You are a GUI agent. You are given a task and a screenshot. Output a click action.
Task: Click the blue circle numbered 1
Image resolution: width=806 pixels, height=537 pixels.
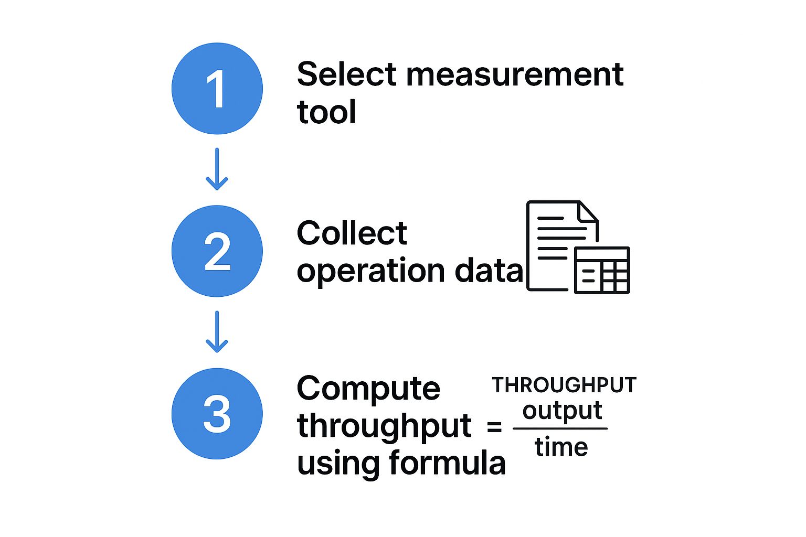(217, 89)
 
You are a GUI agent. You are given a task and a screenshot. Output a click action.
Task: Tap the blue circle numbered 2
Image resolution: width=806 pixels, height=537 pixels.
(217, 251)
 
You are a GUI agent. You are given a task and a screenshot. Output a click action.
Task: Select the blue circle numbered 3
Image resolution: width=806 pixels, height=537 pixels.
(217, 414)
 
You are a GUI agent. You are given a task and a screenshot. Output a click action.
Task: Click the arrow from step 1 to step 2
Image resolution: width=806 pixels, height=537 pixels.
(217, 169)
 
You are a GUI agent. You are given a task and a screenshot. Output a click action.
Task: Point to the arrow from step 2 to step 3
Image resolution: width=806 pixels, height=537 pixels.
(217, 331)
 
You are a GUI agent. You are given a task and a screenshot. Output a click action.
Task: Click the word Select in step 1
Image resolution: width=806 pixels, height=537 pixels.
(346, 74)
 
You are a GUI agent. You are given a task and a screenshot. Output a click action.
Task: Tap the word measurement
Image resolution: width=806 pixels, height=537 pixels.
(515, 75)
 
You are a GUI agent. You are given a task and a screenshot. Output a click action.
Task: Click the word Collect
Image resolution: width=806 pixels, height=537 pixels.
(352, 233)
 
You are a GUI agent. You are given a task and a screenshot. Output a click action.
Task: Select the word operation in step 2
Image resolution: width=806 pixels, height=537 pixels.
(370, 272)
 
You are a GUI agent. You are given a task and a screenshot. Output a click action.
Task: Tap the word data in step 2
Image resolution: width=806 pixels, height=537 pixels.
(489, 269)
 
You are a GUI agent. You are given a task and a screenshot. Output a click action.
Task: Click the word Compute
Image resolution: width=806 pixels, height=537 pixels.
(368, 390)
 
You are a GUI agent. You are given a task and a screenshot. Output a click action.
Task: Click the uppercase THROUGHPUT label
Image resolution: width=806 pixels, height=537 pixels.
(564, 385)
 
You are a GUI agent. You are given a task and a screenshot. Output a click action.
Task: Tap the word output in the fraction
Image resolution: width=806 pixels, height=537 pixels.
(562, 412)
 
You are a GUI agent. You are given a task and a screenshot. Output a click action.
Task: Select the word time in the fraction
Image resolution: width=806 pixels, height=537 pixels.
(561, 446)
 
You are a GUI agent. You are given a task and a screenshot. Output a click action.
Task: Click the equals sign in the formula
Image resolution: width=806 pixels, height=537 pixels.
(494, 427)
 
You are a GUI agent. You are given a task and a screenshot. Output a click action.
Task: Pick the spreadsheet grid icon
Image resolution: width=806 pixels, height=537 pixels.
(602, 270)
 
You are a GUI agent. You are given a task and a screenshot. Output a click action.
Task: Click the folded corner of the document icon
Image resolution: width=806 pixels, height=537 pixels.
(587, 211)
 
